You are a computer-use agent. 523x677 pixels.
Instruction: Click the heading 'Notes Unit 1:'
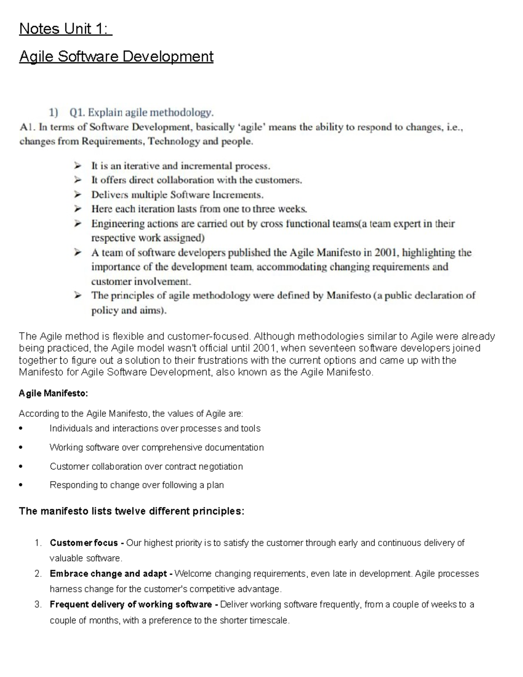(65, 29)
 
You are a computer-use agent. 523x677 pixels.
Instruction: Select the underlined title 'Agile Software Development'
(116, 57)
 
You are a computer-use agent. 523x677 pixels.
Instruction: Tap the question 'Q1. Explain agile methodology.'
(142, 113)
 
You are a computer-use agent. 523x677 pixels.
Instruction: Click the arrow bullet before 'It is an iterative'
(78, 166)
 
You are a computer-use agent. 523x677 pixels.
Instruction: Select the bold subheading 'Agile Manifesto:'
(53, 394)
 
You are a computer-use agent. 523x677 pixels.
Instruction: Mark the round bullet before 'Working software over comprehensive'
(21, 448)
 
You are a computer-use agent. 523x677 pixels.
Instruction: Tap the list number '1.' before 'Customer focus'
(38, 543)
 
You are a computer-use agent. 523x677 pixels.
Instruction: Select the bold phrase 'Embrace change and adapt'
(108, 574)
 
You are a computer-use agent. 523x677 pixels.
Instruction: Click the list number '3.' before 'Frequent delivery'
(38, 605)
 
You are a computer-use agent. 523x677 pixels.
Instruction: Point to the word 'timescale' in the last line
(268, 620)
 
